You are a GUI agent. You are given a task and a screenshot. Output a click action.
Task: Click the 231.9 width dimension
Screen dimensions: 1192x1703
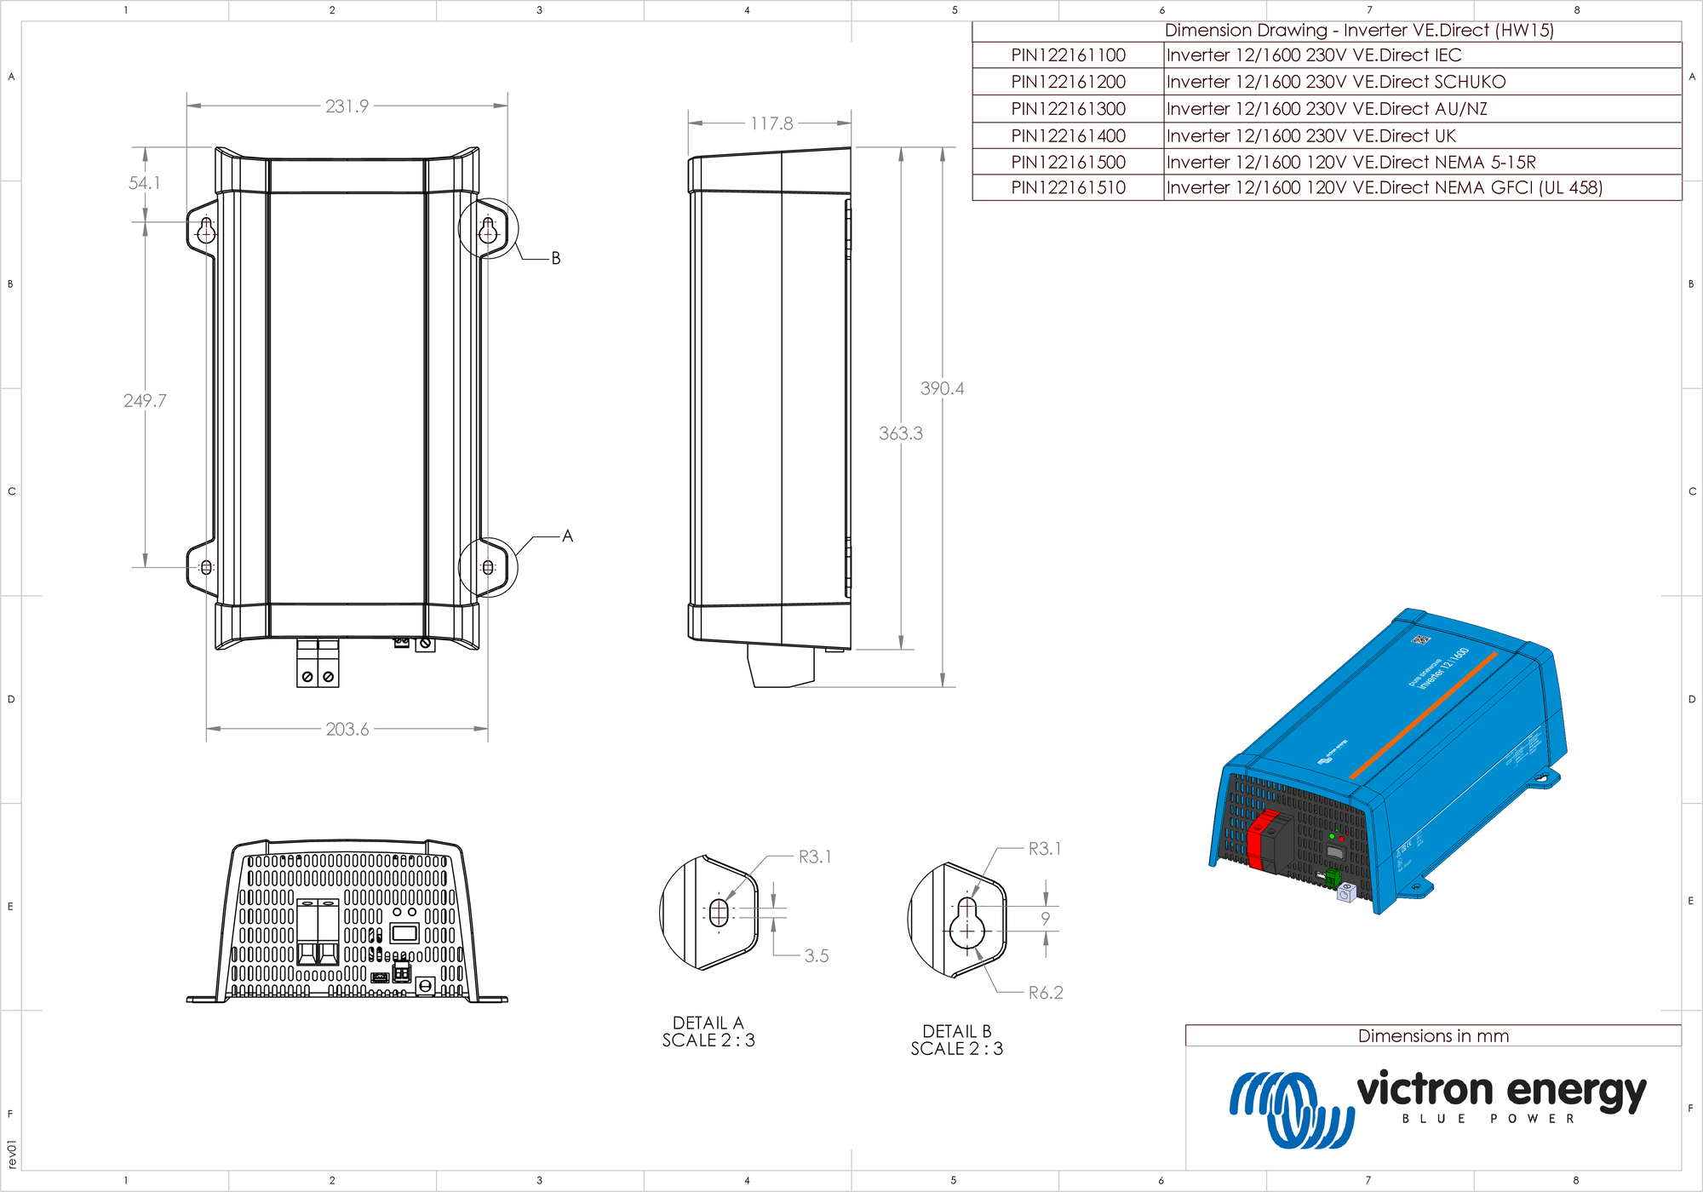tap(347, 106)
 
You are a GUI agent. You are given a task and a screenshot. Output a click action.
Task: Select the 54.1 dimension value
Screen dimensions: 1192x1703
tap(144, 183)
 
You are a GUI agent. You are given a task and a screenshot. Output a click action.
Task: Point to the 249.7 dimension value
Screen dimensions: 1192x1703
tap(145, 400)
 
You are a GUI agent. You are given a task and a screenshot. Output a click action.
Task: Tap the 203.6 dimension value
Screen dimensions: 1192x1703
tap(347, 730)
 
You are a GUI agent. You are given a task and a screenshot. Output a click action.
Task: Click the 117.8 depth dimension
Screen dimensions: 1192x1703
tap(771, 124)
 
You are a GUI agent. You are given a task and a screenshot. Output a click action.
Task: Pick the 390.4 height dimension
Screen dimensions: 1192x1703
tap(942, 388)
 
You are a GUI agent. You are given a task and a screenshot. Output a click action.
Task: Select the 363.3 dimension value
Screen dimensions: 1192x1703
tap(901, 433)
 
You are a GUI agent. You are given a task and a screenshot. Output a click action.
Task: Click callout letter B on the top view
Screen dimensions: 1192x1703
tap(555, 258)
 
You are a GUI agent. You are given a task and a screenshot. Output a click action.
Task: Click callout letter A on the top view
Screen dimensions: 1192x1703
tap(567, 536)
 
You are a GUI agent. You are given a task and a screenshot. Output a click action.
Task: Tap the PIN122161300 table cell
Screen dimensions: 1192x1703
tap(1068, 109)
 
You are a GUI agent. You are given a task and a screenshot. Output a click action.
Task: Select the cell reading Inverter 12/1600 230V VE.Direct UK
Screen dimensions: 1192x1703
tap(1311, 136)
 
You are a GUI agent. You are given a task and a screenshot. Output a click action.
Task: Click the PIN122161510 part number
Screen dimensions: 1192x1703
tap(1068, 188)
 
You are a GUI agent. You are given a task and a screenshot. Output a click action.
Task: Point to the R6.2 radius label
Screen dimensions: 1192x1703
tap(1046, 993)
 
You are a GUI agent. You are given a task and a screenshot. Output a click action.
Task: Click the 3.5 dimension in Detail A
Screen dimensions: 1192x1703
tap(816, 956)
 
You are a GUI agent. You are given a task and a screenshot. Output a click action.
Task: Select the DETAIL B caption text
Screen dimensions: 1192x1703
tap(957, 1031)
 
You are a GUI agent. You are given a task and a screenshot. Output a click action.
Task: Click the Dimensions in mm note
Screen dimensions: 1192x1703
tap(1433, 1036)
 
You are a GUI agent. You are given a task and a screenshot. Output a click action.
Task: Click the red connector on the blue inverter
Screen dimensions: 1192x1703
tap(1256, 844)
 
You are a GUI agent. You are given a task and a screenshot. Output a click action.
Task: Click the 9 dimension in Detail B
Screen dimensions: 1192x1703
tap(1046, 919)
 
